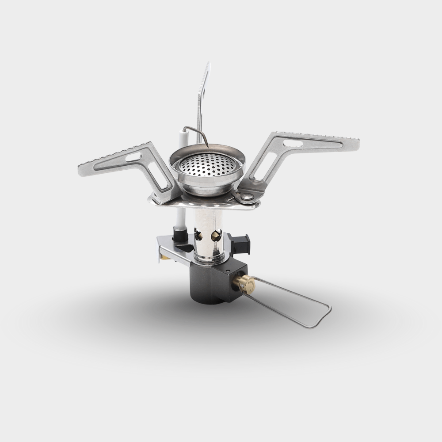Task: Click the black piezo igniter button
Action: [x=241, y=243]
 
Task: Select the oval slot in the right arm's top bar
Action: [x=293, y=143]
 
